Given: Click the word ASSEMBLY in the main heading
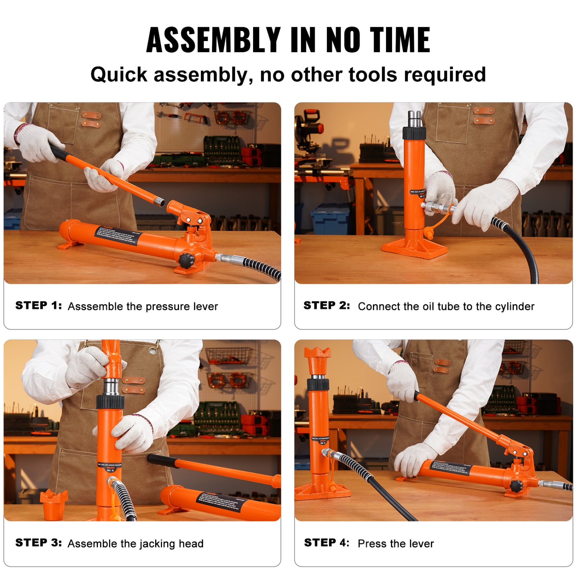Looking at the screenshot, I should tap(213, 40).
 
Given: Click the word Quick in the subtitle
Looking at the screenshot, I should tap(119, 74).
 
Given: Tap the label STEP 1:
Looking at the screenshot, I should tap(38, 306).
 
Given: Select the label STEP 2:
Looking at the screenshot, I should tap(326, 306).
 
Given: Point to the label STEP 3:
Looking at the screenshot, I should tap(38, 543).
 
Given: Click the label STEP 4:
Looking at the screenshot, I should tap(326, 543).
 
